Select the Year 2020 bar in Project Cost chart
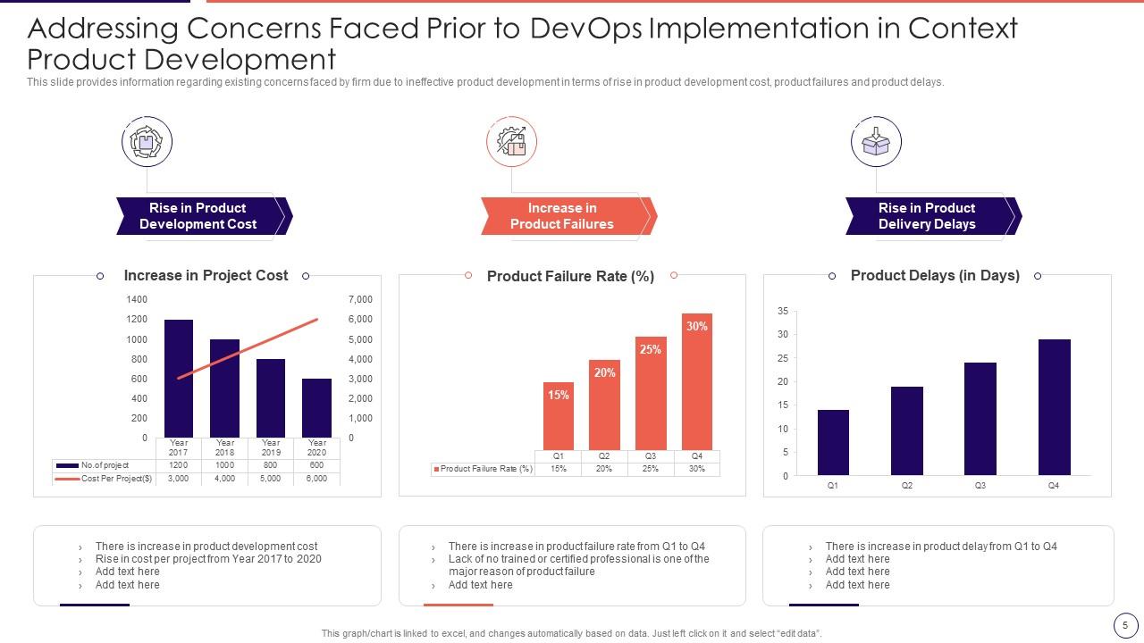pos(316,408)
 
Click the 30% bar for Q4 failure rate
pos(697,381)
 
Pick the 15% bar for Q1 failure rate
pos(559,416)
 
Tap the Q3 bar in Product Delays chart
pos(980,419)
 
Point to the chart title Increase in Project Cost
pos(206,276)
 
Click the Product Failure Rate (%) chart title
pos(570,276)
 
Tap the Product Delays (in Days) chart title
pos(935,276)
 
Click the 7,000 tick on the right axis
pos(360,299)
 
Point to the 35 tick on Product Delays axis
pos(783,312)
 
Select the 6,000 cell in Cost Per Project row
pos(316,479)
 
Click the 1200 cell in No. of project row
pos(179,465)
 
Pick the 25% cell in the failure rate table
pos(651,469)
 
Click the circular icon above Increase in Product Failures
pos(511,142)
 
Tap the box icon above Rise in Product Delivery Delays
pos(876,142)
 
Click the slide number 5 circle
pos(1125,624)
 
